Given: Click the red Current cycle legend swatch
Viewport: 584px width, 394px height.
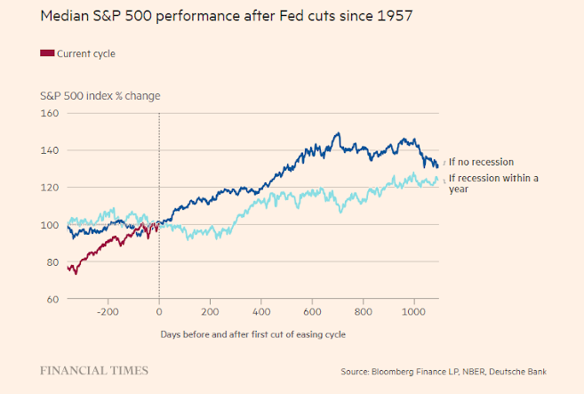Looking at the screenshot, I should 47,54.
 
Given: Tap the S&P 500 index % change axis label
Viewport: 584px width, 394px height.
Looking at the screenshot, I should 100,95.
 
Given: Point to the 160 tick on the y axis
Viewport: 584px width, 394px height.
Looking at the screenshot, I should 49,114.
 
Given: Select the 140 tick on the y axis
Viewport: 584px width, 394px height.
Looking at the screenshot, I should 49,150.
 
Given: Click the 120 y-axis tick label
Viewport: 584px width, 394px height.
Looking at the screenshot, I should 49,188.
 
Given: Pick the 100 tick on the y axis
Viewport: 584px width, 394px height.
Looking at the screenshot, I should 49,225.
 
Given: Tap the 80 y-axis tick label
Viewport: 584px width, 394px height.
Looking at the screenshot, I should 51,262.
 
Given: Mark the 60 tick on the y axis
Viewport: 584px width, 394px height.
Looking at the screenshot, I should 51,299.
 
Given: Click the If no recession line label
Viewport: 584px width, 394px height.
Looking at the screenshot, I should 483,162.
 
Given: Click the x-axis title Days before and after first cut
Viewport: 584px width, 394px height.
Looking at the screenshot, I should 252,334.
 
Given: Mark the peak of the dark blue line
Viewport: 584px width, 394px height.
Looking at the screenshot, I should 338,134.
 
